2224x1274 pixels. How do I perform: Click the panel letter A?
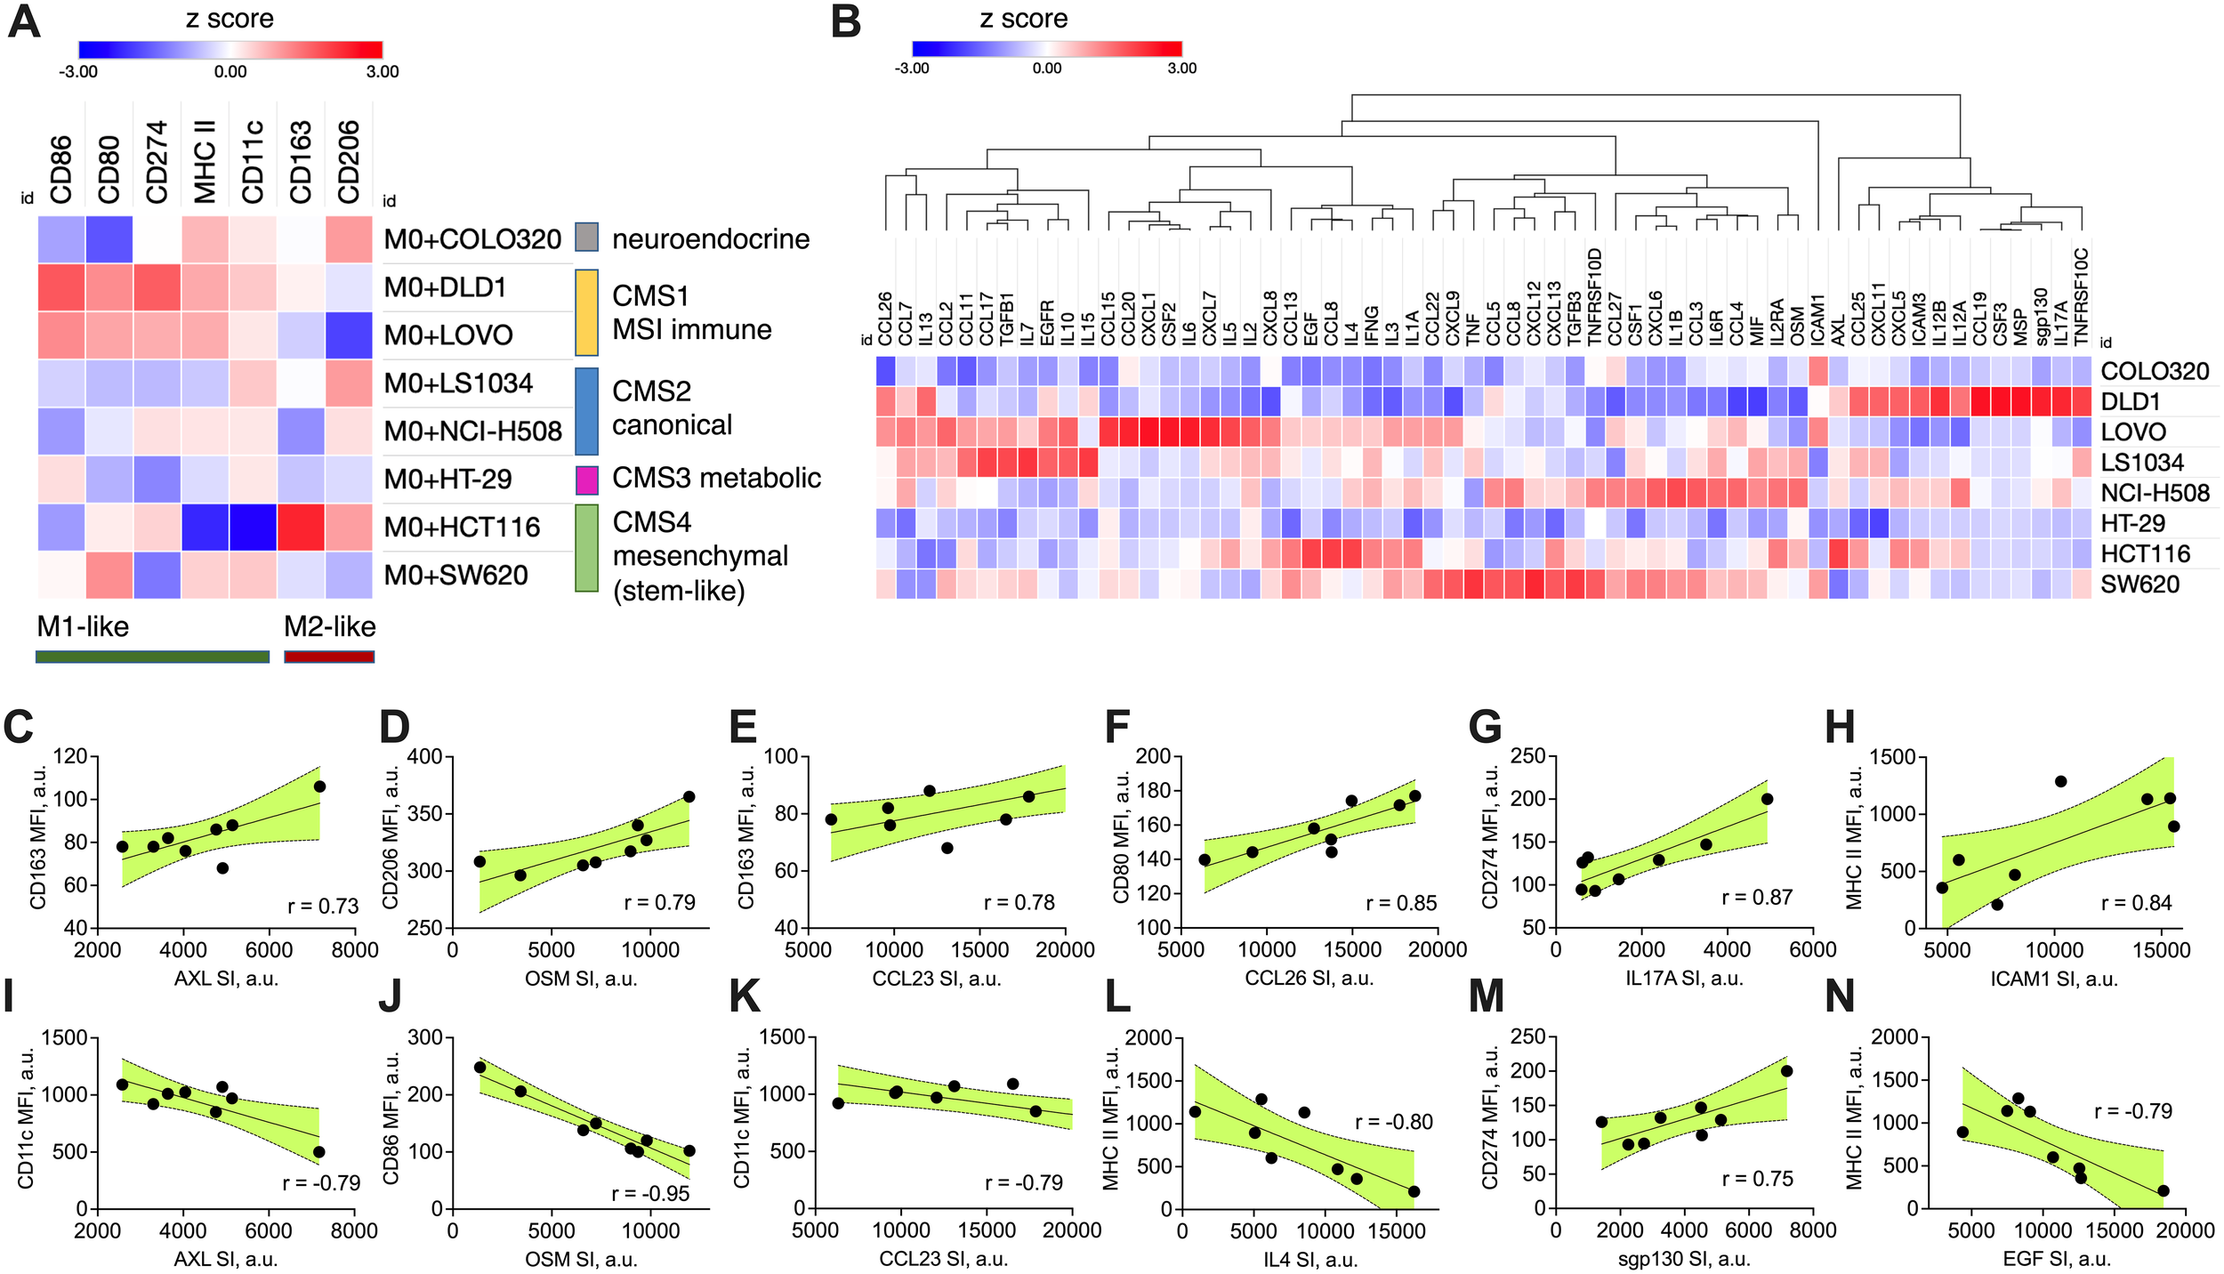pos(24,22)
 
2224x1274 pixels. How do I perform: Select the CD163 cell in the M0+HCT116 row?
pos(301,527)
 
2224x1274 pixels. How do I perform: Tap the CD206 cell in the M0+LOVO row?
pos(349,335)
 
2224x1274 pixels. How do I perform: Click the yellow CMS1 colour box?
pos(586,312)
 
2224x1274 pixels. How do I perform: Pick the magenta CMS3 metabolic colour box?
pos(586,480)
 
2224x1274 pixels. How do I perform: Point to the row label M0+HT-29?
pos(447,480)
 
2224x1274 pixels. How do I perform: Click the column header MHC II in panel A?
pos(205,162)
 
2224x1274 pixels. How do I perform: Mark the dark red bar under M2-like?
pos(329,657)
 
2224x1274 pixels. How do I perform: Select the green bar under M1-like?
pos(152,657)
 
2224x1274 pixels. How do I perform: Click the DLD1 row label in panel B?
pos(2131,401)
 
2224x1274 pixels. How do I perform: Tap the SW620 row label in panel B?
pos(2139,585)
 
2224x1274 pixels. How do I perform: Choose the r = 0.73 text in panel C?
pos(323,906)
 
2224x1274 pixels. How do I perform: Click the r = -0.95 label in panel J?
pos(650,1193)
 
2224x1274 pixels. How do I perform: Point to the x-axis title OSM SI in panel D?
pos(581,979)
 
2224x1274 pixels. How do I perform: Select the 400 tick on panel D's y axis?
pos(424,757)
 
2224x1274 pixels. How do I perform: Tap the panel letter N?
pos(1840,996)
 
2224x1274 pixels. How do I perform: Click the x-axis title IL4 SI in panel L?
pos(1310,1260)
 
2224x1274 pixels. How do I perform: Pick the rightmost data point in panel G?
pos(1767,799)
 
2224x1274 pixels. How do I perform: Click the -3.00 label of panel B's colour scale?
pos(912,69)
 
